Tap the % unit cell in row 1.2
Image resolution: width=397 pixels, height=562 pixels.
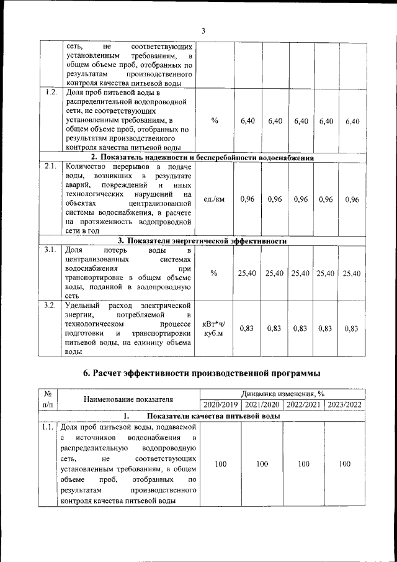point(214,121)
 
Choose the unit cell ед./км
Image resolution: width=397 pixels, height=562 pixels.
point(214,199)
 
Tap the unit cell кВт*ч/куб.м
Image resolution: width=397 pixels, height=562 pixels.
point(214,329)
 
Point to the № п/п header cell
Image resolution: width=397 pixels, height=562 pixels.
point(47,399)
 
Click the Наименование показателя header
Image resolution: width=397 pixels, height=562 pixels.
point(128,399)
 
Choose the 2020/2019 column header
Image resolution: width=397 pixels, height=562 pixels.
point(221,404)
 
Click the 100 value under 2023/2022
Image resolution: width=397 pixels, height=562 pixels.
point(344,464)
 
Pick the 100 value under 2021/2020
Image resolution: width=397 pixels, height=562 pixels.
point(262,464)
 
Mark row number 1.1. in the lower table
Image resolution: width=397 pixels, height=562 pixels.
point(47,427)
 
